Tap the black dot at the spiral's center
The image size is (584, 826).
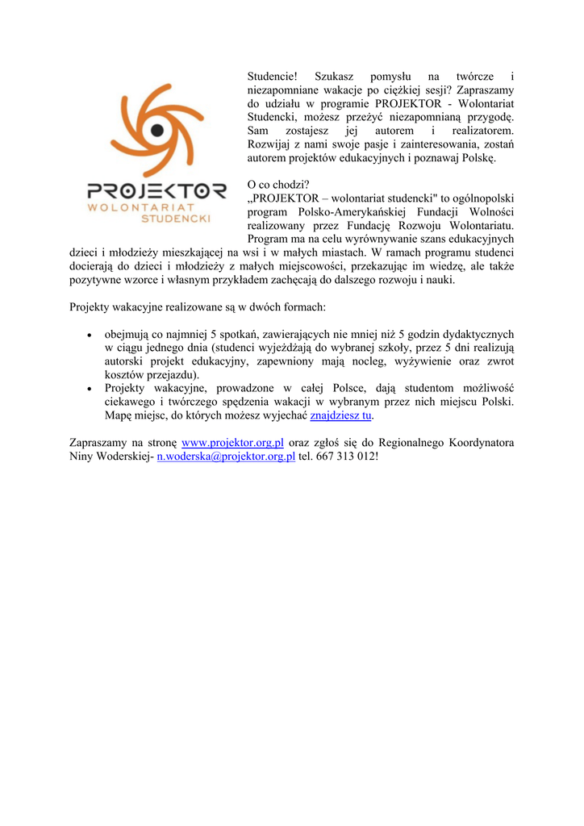click(157, 130)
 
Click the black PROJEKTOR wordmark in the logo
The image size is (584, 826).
click(156, 193)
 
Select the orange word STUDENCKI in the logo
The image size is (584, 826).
click(176, 218)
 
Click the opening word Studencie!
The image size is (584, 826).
click(273, 76)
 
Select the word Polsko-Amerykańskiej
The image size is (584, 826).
click(338, 212)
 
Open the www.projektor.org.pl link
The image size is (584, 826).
click(233, 443)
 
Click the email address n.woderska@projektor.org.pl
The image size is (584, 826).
click(226, 457)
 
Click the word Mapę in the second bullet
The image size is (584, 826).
click(121, 415)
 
